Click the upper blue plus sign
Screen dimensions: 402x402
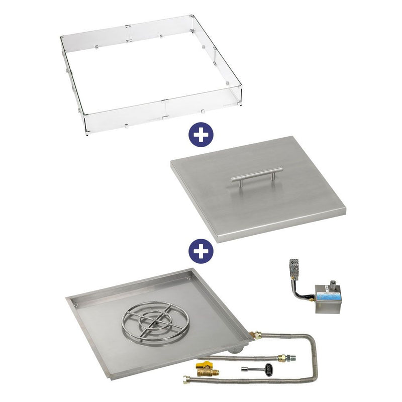[200, 135]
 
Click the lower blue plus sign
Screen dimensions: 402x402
[200, 250]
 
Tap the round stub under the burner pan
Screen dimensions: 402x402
[237, 351]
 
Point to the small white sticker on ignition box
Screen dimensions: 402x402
[326, 288]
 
